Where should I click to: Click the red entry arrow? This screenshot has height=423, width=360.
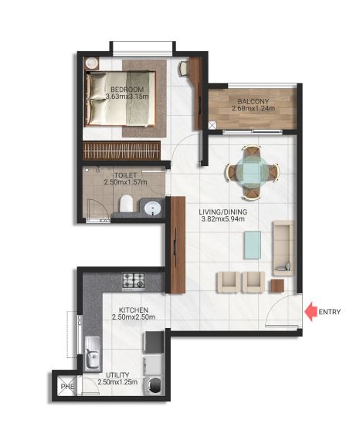tap(311, 312)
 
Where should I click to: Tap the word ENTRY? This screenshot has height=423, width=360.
tap(329, 312)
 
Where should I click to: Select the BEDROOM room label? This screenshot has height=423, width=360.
tap(127, 90)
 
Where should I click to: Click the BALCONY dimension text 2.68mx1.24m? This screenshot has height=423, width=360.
tap(253, 108)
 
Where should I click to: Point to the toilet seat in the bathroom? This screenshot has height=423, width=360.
tap(127, 204)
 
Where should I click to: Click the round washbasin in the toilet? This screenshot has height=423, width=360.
tap(153, 209)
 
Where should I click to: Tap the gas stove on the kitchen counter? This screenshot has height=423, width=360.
tap(134, 280)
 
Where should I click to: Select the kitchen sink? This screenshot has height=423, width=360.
tap(93, 353)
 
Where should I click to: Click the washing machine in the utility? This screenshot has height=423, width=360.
tap(153, 385)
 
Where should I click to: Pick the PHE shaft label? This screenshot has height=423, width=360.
tap(67, 386)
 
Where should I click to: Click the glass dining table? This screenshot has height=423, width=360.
tap(253, 173)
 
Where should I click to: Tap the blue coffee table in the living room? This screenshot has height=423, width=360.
tap(253, 245)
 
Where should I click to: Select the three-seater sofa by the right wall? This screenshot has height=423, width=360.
tap(284, 249)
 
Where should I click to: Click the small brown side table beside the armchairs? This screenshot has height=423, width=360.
tap(277, 286)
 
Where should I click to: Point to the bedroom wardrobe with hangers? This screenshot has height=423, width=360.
tap(121, 151)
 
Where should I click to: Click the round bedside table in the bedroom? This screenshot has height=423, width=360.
tap(92, 63)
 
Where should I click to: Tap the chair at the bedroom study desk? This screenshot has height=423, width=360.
tap(183, 69)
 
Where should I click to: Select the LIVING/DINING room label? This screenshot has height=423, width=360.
tap(222, 211)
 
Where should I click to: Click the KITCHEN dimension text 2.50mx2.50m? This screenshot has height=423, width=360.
tap(134, 317)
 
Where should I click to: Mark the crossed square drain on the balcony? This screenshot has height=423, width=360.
tap(212, 126)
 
